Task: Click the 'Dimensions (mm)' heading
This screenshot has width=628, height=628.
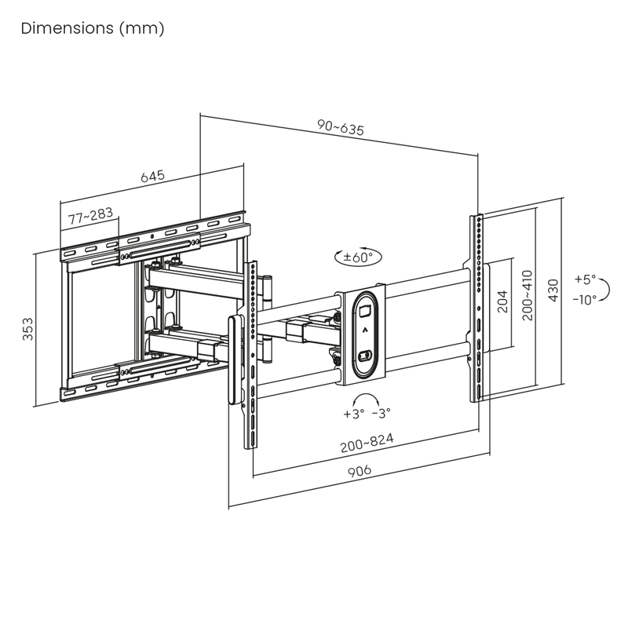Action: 93,29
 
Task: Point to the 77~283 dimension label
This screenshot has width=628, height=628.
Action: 89,217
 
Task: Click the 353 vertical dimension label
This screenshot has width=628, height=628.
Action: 27,329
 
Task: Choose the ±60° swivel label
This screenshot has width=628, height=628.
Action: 359,256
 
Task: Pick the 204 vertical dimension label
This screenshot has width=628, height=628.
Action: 503,301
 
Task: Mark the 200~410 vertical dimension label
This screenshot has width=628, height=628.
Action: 527,296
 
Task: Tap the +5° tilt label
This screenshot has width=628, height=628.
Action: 584,279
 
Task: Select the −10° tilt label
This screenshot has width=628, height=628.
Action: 584,298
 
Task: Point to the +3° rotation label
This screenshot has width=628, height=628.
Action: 353,413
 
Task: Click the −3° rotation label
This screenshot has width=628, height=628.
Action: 381,413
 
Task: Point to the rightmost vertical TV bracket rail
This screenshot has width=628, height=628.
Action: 476,306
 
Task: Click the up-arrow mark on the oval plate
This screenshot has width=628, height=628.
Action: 365,331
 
